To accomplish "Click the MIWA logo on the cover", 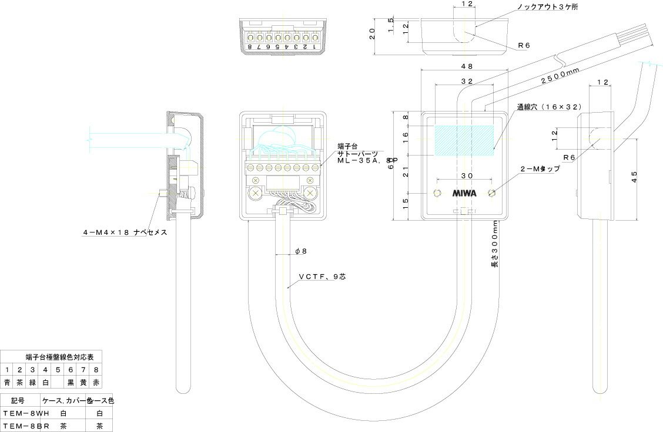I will click(x=464, y=193).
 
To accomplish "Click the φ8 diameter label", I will click(x=301, y=251).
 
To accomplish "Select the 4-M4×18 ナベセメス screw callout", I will click(x=125, y=232).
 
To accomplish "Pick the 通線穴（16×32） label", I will click(x=548, y=107).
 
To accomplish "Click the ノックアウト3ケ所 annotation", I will click(x=547, y=7).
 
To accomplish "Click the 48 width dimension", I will click(x=467, y=66).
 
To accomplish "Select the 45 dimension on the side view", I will click(x=634, y=178).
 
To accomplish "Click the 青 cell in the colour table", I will click(x=7, y=382).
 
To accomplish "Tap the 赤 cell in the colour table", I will click(x=96, y=382).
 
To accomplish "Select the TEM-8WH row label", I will click(x=21, y=413).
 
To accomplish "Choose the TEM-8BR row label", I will click(x=21, y=426).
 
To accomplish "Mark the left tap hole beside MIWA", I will click(x=436, y=193).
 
